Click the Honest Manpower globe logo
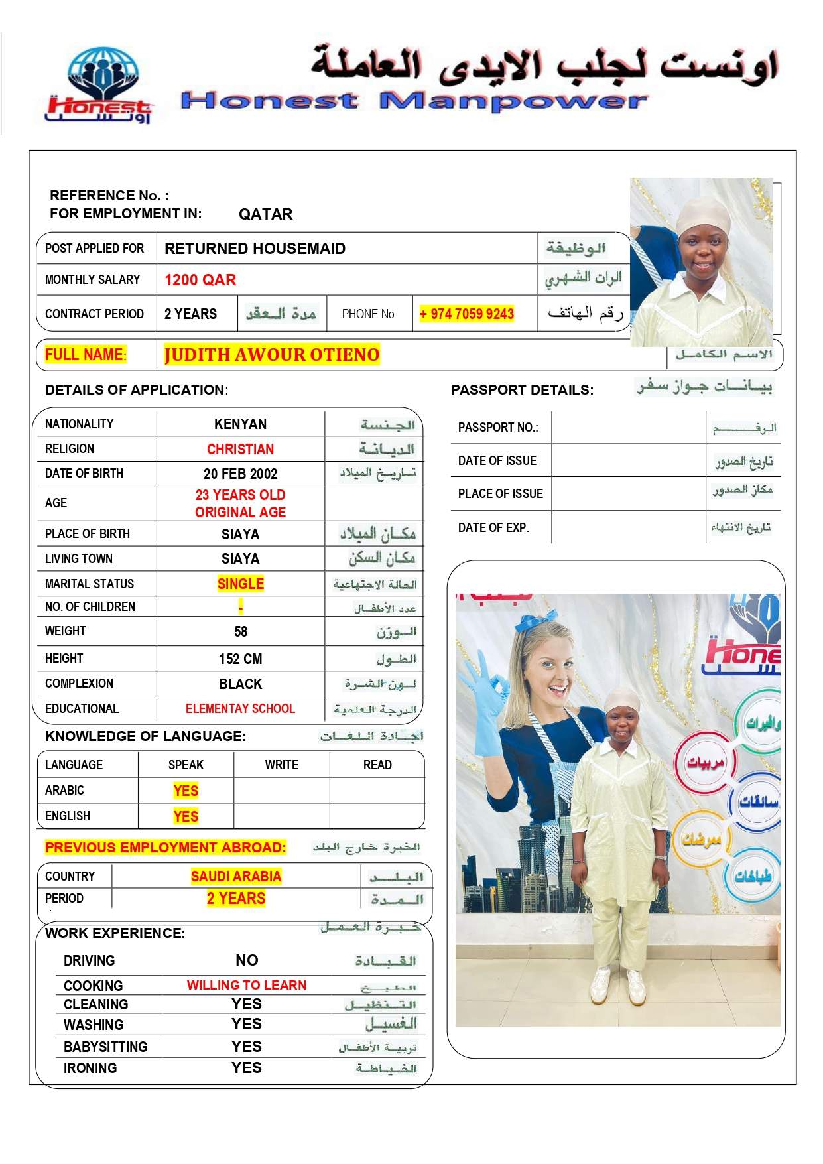pos(100,84)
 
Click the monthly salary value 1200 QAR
pos(200,280)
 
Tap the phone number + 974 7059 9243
pos(467,314)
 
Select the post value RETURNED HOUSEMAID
pos(255,249)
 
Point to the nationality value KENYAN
pos(240,424)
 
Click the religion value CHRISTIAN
pos(240,449)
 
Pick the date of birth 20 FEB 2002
pos(240,474)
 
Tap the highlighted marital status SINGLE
pos(240,584)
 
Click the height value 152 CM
pos(240,659)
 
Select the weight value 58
pos(240,631)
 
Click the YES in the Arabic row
pos(186,791)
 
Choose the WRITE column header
pos(281,765)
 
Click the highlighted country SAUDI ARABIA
pos(236,876)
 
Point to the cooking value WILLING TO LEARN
pos(246,985)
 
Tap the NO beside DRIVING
pos(246,960)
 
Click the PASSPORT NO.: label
pos(498,428)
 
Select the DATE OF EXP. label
pos(493,528)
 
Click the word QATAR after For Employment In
pos(265,214)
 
